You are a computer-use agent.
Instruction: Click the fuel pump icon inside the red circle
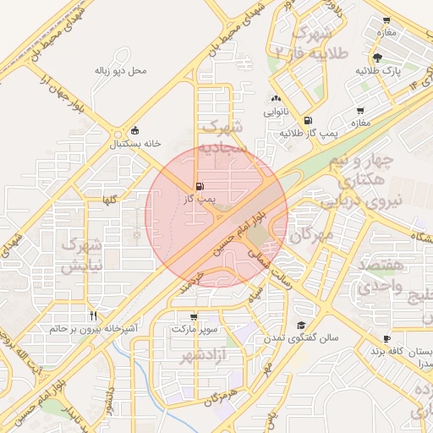(200, 186)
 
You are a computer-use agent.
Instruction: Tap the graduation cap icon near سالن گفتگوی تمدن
(301, 325)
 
